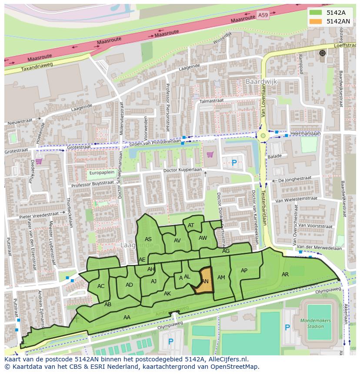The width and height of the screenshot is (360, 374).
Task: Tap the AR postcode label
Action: [285, 275]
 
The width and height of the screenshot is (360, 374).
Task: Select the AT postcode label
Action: [191, 225]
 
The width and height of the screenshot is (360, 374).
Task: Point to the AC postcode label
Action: [101, 286]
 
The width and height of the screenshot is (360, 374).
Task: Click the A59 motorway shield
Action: [263, 15]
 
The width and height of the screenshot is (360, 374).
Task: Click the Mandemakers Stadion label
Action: [316, 323]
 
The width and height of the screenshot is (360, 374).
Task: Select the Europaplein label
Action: [101, 172]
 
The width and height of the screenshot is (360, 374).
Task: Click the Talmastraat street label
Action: [211, 101]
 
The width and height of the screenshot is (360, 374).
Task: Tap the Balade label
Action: [275, 156]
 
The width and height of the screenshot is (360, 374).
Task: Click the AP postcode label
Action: [244, 271]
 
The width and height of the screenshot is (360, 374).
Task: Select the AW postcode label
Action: [203, 238]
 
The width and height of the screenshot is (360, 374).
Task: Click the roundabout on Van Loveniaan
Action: [263, 136]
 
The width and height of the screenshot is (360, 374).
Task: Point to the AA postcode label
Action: [127, 318]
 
